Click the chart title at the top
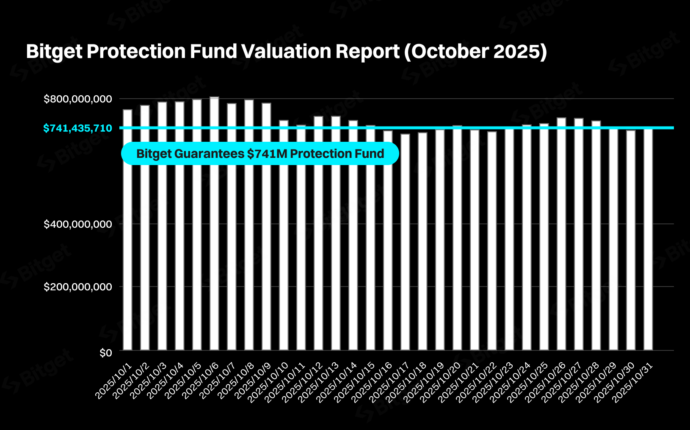pos(286,52)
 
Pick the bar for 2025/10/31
pos(648,239)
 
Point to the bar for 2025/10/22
pos(492,241)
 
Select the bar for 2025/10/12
pos(318,233)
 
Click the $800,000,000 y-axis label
pos(78,99)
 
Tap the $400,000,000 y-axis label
pos(78,224)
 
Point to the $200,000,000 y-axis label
pos(78,287)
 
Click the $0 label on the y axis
pos(105,353)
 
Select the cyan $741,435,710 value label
pos(77,128)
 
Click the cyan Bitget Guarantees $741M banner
pos(260,154)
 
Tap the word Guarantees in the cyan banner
pos(209,154)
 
